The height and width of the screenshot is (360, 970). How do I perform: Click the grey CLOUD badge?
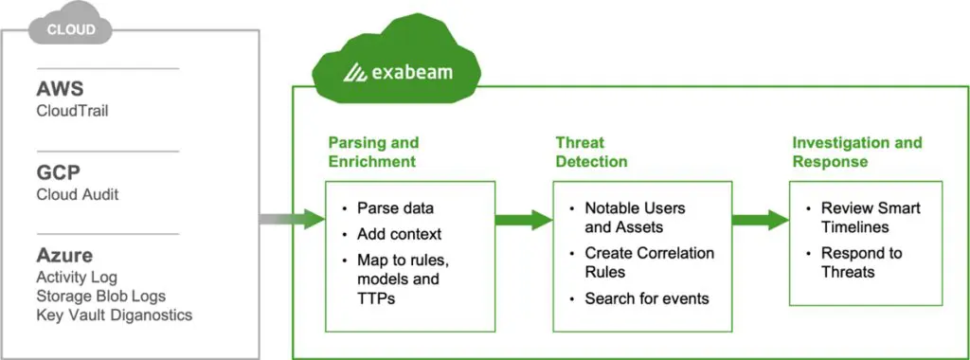point(71,29)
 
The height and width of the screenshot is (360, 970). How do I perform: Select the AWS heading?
point(61,89)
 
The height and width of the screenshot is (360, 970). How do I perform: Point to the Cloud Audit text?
point(78,194)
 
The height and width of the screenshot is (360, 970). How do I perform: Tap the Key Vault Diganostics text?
point(114,315)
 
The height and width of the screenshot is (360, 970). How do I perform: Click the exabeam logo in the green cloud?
point(396,73)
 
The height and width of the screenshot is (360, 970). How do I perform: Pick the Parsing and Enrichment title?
point(373,152)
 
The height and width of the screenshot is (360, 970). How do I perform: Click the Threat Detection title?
point(591,152)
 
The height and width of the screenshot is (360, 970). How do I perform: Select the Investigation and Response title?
point(856,152)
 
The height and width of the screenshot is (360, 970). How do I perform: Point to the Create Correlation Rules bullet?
point(649,261)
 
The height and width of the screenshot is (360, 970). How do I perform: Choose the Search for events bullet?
point(646,298)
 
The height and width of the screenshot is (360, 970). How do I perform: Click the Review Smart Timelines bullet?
point(870,217)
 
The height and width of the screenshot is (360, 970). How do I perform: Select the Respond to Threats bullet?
point(861,262)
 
